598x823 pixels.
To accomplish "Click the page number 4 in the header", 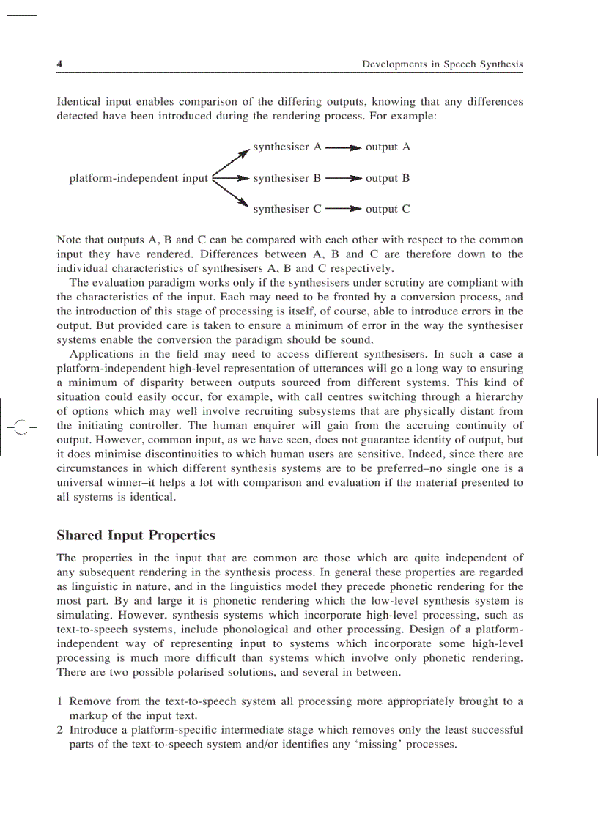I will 59,64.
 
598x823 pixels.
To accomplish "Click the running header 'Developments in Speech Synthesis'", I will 442,64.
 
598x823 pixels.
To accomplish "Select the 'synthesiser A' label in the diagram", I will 287,147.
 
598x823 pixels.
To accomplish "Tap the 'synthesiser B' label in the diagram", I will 287,178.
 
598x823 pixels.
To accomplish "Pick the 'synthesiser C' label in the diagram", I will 287,210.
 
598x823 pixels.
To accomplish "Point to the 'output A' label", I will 388,147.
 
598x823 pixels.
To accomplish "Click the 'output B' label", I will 388,178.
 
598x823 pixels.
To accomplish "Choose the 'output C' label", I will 388,210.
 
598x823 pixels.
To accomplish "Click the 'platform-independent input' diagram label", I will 139,178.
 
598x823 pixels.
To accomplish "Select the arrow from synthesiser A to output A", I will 343,148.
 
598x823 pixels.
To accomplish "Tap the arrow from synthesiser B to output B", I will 343,178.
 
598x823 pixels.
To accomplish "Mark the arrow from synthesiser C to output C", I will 343,210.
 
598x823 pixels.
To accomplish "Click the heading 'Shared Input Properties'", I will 136,536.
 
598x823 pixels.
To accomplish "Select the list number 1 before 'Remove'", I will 59,701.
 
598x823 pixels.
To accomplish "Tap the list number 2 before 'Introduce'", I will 59,730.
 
